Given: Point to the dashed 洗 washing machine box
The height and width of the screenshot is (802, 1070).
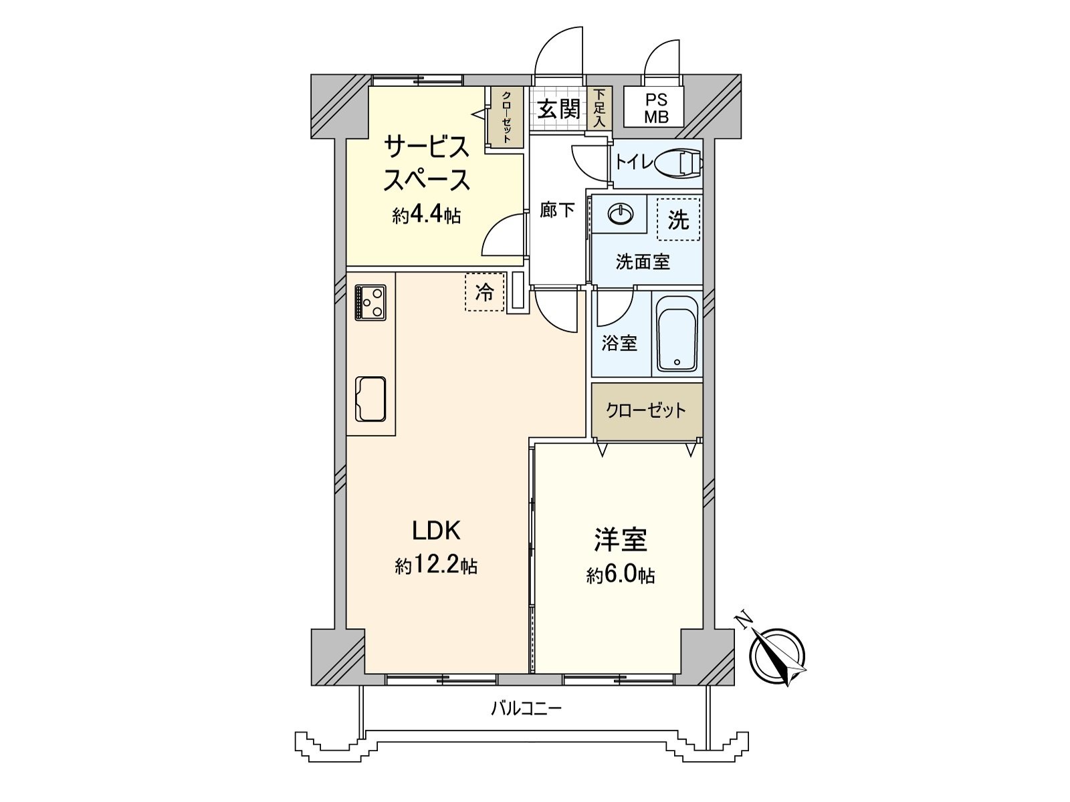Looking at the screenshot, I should pyautogui.click(x=678, y=220).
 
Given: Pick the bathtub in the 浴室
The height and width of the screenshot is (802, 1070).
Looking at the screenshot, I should pyautogui.click(x=677, y=333).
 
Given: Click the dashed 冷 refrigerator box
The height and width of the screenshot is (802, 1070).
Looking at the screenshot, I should pyautogui.click(x=484, y=292).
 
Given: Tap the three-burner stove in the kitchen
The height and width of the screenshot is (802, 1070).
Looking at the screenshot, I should pyautogui.click(x=370, y=302).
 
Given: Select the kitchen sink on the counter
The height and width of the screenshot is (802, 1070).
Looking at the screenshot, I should pyautogui.click(x=371, y=399).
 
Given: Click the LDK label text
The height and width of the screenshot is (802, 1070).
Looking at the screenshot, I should pyautogui.click(x=435, y=531).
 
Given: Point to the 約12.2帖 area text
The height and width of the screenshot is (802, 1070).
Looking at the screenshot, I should pyautogui.click(x=435, y=567).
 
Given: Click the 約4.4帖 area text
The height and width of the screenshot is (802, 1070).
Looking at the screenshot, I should pyautogui.click(x=426, y=215).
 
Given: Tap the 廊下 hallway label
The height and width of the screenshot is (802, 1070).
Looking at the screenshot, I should pyautogui.click(x=558, y=211).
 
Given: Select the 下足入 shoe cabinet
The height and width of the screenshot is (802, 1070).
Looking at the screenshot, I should pyautogui.click(x=600, y=108).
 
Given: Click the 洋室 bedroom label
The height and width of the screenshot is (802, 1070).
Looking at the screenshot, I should pyautogui.click(x=620, y=540).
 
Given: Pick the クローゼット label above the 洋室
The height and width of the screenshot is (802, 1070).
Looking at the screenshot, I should pyautogui.click(x=645, y=410).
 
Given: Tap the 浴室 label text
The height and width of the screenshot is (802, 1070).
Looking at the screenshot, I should pyautogui.click(x=619, y=344).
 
